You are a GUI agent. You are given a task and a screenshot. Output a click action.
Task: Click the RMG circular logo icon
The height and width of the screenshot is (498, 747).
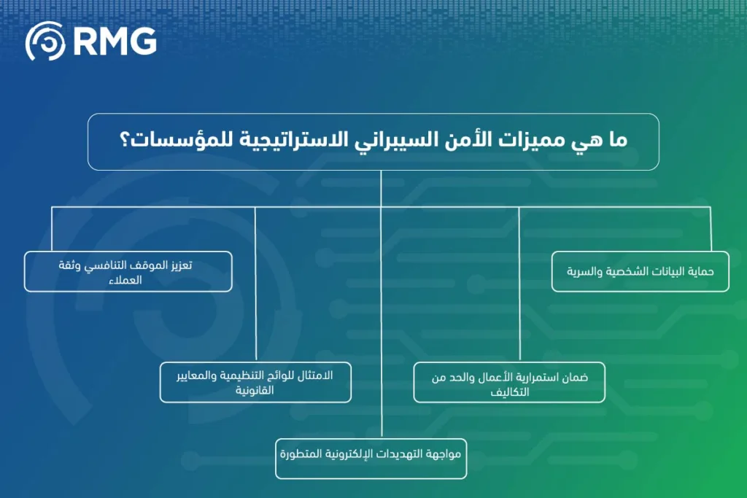point(45,42)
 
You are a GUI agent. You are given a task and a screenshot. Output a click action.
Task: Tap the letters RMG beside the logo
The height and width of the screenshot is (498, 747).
point(115,42)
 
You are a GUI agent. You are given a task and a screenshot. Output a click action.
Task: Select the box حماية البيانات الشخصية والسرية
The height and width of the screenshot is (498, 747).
point(640,271)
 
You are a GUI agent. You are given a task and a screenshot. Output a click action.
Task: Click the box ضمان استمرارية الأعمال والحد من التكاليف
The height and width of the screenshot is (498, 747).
point(509,382)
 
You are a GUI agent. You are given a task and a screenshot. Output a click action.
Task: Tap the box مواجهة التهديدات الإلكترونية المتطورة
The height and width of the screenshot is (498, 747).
point(371,458)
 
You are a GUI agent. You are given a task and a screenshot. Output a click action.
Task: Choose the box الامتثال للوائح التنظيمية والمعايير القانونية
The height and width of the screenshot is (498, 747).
point(255,382)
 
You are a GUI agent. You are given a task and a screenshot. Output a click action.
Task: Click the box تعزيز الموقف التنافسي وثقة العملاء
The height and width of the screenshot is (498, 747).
point(128,271)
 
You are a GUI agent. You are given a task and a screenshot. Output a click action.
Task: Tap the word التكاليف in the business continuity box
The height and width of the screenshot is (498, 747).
point(509,392)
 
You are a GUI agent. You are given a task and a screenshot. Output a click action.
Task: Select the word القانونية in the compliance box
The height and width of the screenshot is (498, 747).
point(255,391)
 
